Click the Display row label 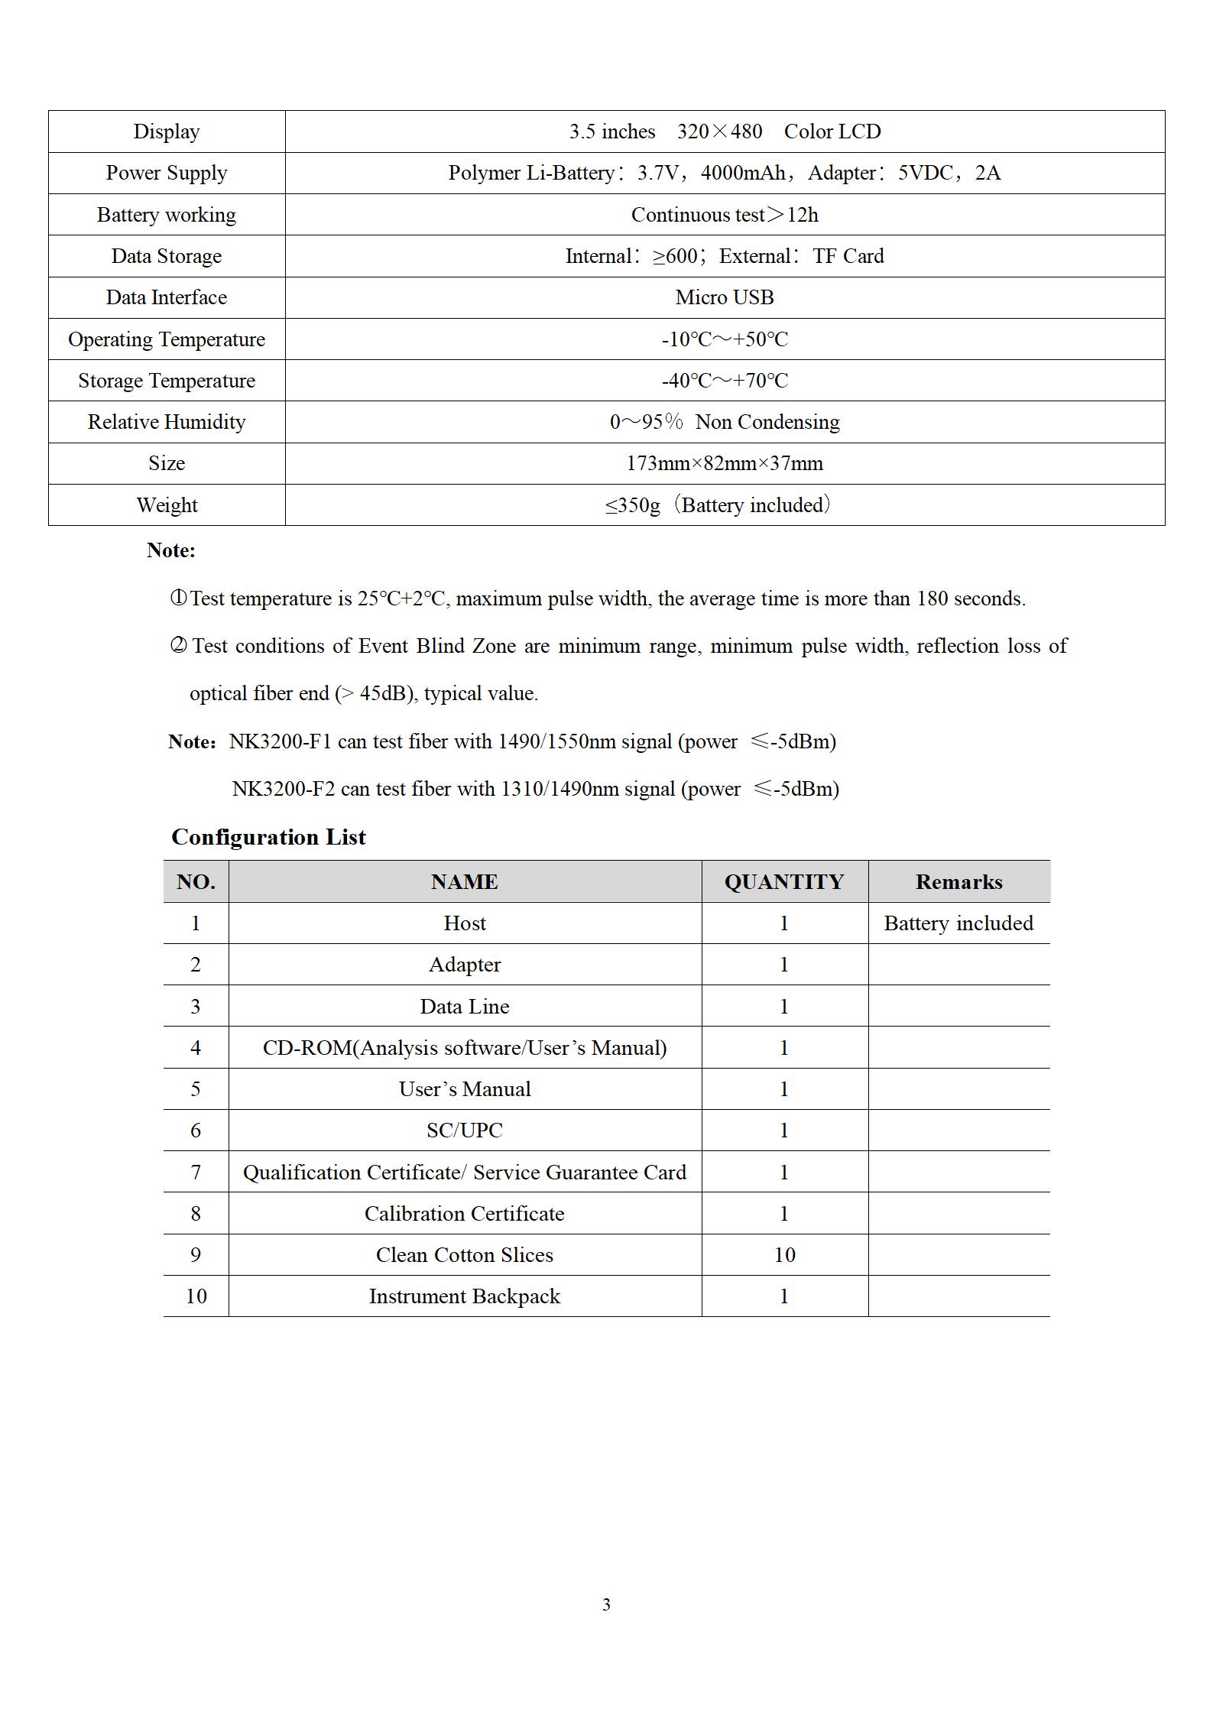pyautogui.click(x=167, y=131)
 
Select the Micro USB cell pyautogui.click(x=725, y=297)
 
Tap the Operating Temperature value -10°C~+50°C pyautogui.click(x=725, y=339)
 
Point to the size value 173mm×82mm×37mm pyautogui.click(x=725, y=463)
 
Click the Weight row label pyautogui.click(x=167, y=505)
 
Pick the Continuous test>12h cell pyautogui.click(x=725, y=215)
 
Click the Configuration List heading pyautogui.click(x=268, y=837)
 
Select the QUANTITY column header pyautogui.click(x=784, y=882)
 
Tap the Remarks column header pyautogui.click(x=958, y=882)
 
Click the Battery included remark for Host pyautogui.click(x=958, y=923)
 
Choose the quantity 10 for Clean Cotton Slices pyautogui.click(x=784, y=1255)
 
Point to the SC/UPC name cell pyautogui.click(x=465, y=1130)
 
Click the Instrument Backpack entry pyautogui.click(x=465, y=1296)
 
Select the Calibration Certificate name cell pyautogui.click(x=465, y=1214)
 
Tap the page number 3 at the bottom pyautogui.click(x=606, y=1604)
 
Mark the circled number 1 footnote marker pyautogui.click(x=177, y=598)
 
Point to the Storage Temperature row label pyautogui.click(x=167, y=381)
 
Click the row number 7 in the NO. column pyautogui.click(x=196, y=1173)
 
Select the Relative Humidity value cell pyautogui.click(x=725, y=422)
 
